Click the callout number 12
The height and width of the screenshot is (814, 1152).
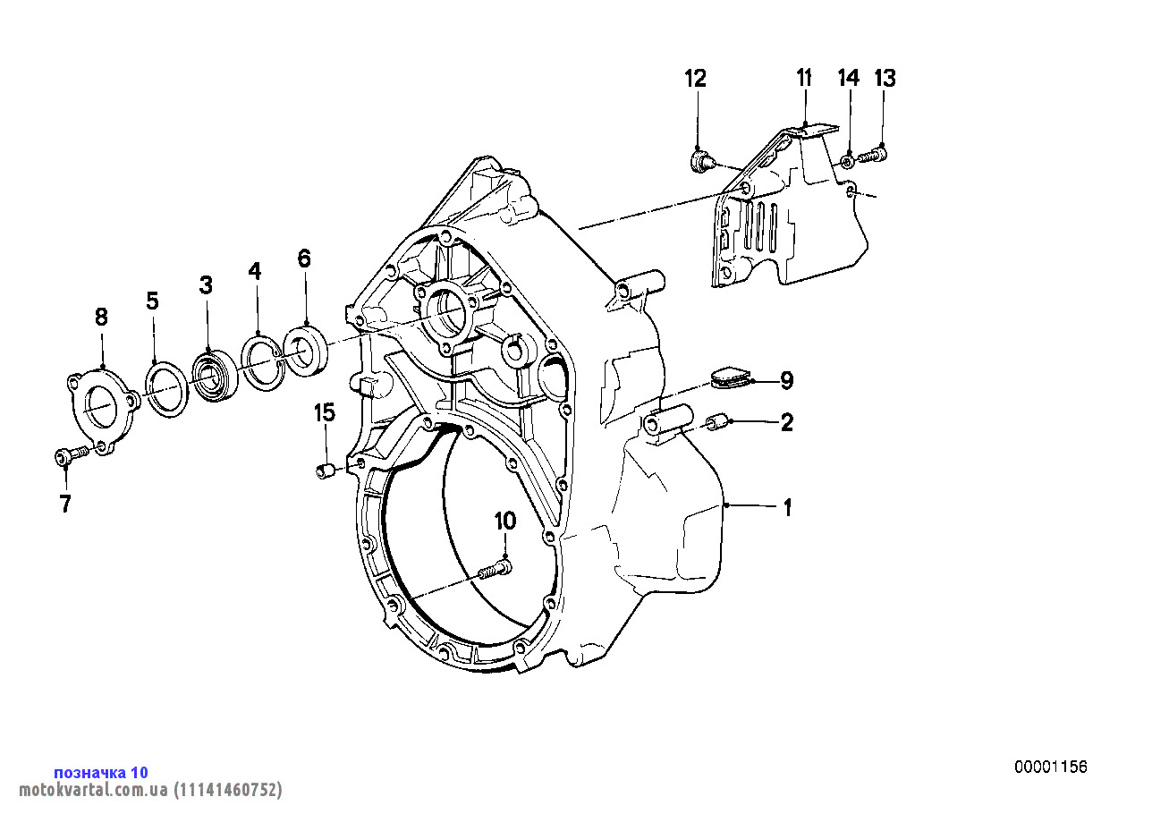(695, 79)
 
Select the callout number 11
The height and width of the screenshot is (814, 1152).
(803, 78)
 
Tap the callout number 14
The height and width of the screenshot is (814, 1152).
(848, 79)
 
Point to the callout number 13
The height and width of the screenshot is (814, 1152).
(884, 79)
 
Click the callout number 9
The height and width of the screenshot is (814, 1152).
(786, 381)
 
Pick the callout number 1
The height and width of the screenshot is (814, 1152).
(787, 508)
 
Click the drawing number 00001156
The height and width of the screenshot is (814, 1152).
(1050, 767)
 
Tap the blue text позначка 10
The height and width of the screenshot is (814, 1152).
(101, 772)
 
